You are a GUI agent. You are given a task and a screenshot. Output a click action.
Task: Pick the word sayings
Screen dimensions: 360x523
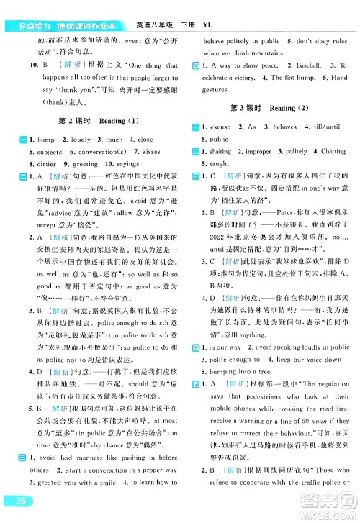click(x=127, y=163)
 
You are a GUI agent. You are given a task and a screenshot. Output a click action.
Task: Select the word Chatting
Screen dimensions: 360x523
click(x=332, y=151)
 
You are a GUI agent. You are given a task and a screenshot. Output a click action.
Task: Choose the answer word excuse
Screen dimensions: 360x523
click(x=220, y=127)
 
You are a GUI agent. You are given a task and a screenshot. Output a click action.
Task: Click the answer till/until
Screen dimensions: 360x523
click(x=324, y=127)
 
